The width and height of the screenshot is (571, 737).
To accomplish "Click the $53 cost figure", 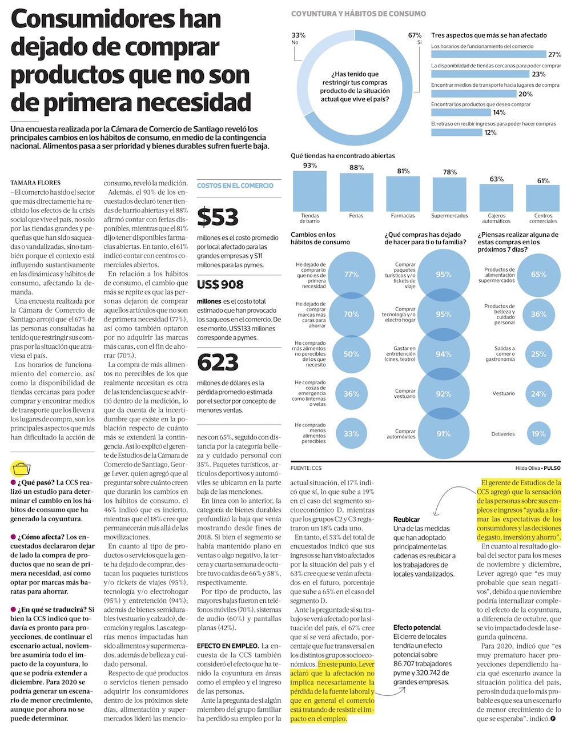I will tap(218, 218).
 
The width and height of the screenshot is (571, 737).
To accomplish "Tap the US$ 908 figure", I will tap(220, 284).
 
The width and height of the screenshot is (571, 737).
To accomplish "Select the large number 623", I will tap(218, 363).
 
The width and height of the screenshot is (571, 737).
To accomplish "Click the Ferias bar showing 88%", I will tap(356, 192).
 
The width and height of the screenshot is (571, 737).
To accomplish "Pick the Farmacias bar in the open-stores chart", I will tap(403, 194).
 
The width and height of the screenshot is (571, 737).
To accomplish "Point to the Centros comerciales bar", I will tap(543, 198).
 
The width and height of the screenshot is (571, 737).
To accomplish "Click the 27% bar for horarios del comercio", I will tap(489, 55).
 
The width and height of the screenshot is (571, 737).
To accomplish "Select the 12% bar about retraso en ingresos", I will tap(457, 132).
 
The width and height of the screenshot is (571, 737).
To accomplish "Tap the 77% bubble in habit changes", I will tap(351, 275).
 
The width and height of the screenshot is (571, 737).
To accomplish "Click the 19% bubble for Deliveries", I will tap(538, 434).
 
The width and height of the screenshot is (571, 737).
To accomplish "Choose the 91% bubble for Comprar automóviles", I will tap(444, 434).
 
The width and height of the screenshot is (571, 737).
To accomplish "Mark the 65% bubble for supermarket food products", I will tap(538, 275).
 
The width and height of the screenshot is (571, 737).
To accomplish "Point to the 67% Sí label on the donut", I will tap(415, 38).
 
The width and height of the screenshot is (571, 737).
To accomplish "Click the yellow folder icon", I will tap(21, 469).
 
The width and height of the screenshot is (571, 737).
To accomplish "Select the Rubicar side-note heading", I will tap(406, 519).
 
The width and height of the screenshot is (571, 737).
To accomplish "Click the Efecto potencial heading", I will tap(417, 627).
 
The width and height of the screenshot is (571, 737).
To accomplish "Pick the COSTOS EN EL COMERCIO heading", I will tap(235, 186).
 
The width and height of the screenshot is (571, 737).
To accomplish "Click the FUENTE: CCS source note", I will tap(306, 468).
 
